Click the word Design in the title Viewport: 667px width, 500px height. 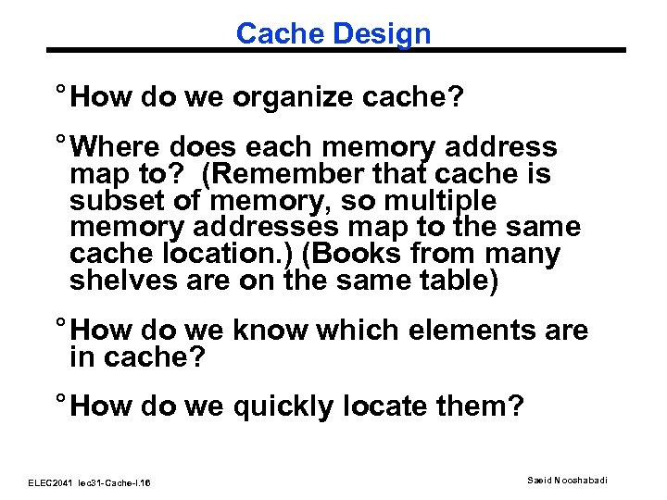382,34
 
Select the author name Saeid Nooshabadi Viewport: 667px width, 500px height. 571,479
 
